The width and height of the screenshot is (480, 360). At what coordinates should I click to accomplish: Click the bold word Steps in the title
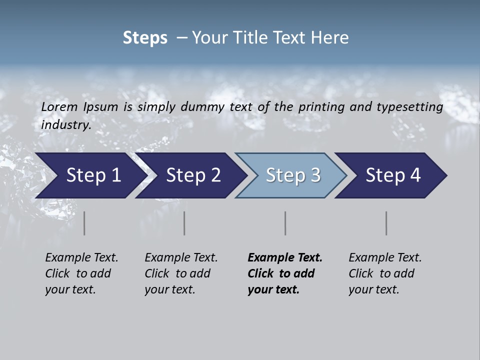(145, 38)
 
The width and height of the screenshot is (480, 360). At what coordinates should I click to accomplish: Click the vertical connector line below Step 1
(84, 223)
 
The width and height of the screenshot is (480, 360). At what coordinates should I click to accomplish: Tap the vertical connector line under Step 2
(184, 223)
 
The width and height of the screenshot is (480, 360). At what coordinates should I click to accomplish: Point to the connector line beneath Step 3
(285, 223)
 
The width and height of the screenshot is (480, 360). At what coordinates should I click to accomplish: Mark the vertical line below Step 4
(386, 223)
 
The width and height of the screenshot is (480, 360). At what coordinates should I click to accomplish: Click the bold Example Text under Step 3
(285, 258)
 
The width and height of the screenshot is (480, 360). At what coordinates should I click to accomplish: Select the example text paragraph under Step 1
(80, 273)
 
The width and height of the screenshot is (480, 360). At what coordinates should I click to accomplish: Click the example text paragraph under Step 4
(383, 273)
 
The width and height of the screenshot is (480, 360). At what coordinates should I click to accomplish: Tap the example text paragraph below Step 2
(179, 273)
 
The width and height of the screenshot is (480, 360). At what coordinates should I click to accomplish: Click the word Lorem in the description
(59, 107)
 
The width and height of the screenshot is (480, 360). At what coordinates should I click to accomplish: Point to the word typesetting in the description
(412, 107)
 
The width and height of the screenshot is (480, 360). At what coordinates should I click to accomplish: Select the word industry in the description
(65, 125)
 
